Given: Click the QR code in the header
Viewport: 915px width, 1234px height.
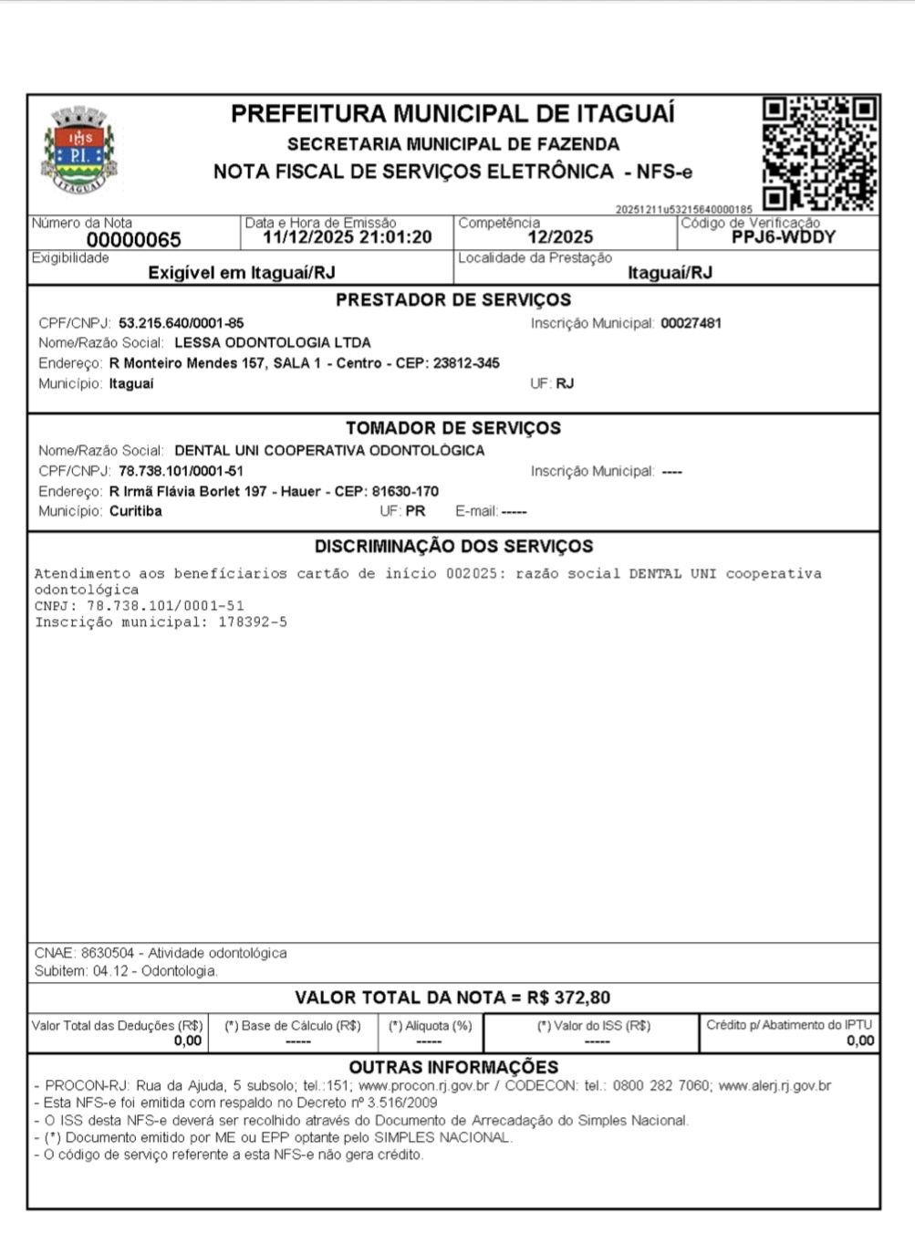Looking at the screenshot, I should click(x=819, y=152).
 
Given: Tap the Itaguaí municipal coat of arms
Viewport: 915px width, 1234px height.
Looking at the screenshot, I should click(x=79, y=151).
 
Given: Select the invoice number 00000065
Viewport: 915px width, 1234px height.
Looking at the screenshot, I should click(x=133, y=240).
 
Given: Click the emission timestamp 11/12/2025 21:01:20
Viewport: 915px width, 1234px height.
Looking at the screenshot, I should click(x=347, y=237).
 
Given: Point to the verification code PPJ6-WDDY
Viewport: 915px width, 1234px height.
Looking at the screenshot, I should click(x=783, y=237).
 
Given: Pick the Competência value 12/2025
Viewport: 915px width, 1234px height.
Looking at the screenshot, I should click(x=560, y=237).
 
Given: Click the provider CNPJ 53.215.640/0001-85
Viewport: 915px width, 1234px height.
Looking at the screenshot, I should click(x=181, y=323).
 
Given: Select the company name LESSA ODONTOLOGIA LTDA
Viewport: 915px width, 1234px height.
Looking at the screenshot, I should click(x=272, y=343).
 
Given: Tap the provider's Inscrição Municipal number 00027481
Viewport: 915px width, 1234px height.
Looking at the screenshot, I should click(x=691, y=323).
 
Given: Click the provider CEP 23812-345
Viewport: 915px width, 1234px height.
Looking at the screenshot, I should click(x=466, y=363).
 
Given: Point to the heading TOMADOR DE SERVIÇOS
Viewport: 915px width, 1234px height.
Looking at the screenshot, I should click(x=452, y=428).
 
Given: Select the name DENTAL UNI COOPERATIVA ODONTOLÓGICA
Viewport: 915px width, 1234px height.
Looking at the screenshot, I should click(x=329, y=451).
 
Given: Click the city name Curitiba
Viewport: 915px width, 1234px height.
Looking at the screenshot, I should click(x=135, y=511).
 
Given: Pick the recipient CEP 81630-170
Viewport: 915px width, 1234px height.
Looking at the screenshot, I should click(x=405, y=491).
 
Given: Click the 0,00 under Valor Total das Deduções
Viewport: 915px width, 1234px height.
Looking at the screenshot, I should click(x=188, y=1041).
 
